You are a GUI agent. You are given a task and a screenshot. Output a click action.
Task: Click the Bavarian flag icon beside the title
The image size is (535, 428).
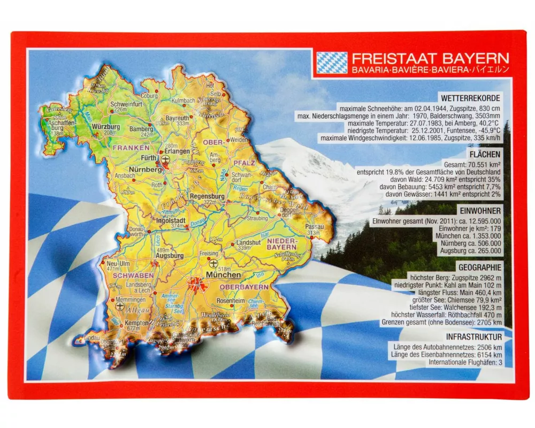pyautogui.click(x=332, y=62)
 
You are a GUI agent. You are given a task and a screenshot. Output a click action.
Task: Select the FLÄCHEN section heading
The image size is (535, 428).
pyautogui.click(x=484, y=154)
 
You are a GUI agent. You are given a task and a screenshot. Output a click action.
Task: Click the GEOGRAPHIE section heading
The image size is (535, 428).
pyautogui.click(x=480, y=267)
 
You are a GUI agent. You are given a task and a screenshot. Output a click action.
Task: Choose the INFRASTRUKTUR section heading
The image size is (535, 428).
pyautogui.click(x=473, y=337)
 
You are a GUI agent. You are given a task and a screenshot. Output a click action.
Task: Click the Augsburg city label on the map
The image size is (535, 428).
pyautogui.click(x=170, y=256)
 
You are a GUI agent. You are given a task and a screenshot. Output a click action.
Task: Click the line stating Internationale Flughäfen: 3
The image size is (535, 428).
pyautogui.click(x=465, y=363)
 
